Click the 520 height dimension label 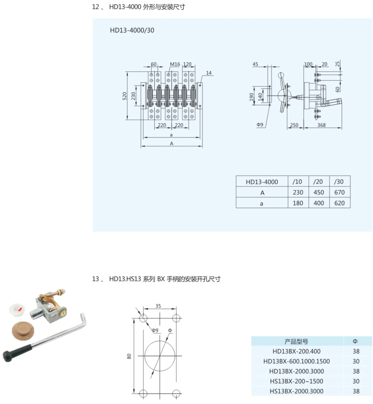coord(124,96)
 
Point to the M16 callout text coord(175,64)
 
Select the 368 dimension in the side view coord(321,125)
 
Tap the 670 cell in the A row coord(339,192)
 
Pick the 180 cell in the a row coord(298,203)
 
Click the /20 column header coord(318,182)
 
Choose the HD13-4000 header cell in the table coord(262,182)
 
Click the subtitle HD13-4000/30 coord(132,30)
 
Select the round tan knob coord(23,330)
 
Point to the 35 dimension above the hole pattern coord(158,306)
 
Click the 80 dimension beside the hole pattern coord(129,356)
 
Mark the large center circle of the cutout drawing coord(160,356)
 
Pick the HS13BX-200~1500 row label coord(296,381)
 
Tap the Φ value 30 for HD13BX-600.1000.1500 coord(356,361)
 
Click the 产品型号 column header coord(296,341)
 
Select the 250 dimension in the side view coord(294,125)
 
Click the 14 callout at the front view coord(209,73)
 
